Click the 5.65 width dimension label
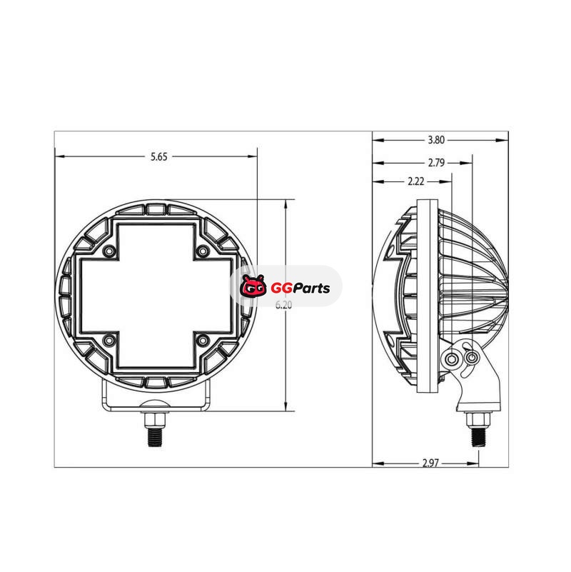pyautogui.click(x=159, y=156)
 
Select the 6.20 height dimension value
pyautogui.click(x=283, y=305)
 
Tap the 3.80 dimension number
pyautogui.click(x=436, y=140)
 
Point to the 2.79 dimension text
pyautogui.click(x=436, y=163)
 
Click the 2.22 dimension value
pyautogui.click(x=415, y=181)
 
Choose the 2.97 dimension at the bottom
pyautogui.click(x=430, y=463)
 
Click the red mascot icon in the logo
pyautogui.click(x=253, y=286)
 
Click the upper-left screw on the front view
pyautogui.click(x=108, y=251)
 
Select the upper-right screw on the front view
pyautogui.click(x=203, y=251)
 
